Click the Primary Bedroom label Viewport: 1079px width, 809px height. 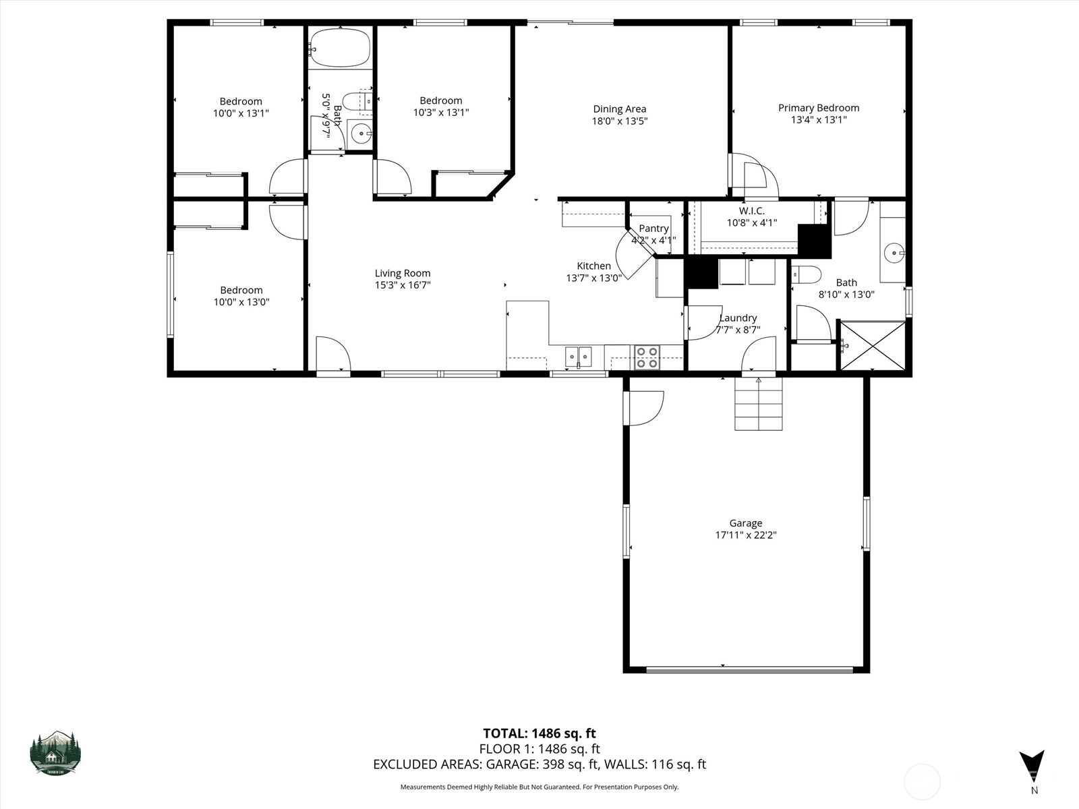coord(818,108)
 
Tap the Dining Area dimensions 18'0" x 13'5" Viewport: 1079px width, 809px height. coord(619,121)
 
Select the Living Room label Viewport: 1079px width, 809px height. coord(403,273)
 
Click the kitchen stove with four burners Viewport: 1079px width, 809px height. coord(647,357)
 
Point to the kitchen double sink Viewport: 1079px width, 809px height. coord(578,357)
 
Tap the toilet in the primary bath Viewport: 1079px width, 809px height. coord(806,274)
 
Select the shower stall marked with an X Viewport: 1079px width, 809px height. coord(873,346)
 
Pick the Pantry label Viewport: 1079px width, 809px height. coord(653,229)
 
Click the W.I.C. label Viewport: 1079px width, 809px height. coord(751,211)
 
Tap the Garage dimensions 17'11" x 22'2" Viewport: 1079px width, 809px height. coord(746,535)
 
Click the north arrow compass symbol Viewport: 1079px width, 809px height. coord(1032,767)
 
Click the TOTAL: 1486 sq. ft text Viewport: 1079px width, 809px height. coord(539,733)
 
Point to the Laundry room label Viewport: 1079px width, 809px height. coord(738,318)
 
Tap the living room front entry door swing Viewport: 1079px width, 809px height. coord(332,353)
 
